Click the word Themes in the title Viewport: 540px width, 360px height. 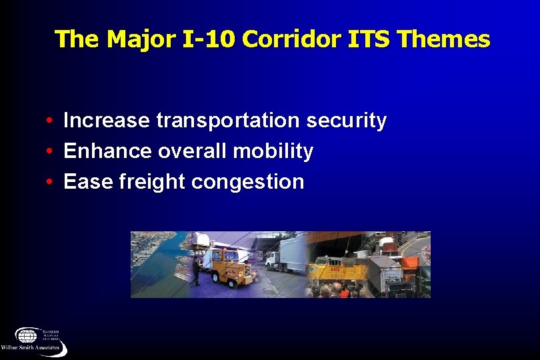click(x=443, y=39)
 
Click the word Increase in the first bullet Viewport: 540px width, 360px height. click(x=107, y=121)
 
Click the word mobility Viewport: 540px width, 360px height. click(x=273, y=151)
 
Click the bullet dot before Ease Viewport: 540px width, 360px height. click(x=50, y=182)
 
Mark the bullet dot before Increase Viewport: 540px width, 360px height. click(x=50, y=121)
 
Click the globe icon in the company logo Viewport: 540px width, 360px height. click(x=27, y=335)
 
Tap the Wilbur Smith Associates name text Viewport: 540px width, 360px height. click(x=31, y=348)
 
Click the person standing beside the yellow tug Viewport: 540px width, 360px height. click(x=196, y=271)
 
